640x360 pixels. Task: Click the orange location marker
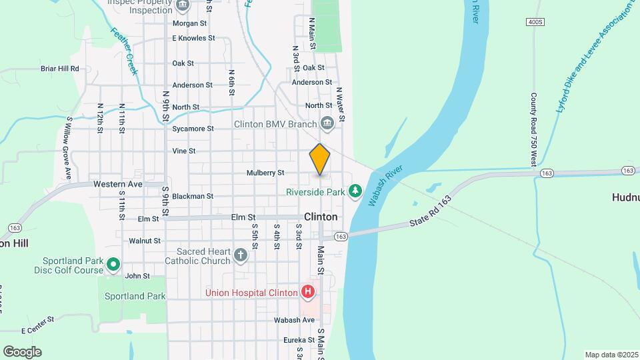pos(320,159)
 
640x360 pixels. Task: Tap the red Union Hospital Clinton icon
pos(307,292)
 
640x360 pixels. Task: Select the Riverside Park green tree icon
pos(355,192)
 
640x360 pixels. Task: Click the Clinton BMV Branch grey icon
pos(327,123)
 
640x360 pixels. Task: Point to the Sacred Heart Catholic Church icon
pos(240,255)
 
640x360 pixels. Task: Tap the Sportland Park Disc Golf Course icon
pos(113,265)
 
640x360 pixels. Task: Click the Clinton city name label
pos(321,217)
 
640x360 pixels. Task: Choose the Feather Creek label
pos(124,51)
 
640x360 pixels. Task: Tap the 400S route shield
pos(535,22)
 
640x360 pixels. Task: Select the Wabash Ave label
pos(294,320)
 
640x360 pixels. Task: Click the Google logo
pos(22,352)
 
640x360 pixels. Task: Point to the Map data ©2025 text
pos(611,355)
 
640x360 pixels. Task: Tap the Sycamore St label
pos(193,129)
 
